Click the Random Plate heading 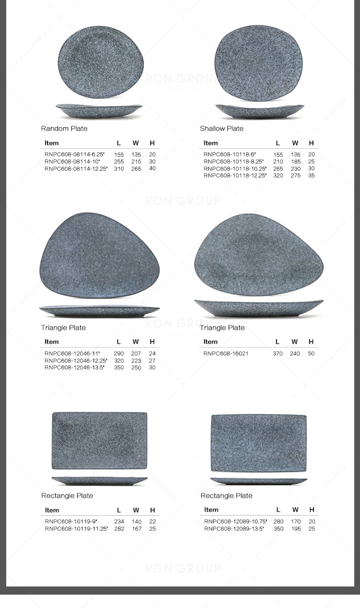coord(64,129)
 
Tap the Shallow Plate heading coord(221,129)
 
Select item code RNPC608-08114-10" coord(72,162)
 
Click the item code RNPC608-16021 coord(226,354)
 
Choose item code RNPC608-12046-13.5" coord(75,368)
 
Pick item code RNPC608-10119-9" coord(71,522)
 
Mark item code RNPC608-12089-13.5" coord(234,529)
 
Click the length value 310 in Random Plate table coord(119,169)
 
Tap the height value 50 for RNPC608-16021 coord(311,354)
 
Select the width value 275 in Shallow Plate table coord(296,176)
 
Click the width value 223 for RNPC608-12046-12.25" coord(136,361)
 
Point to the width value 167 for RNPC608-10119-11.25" coord(137,529)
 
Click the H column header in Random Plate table coord(152,143)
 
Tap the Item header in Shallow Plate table coord(211,143)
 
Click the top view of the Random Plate coord(101,62)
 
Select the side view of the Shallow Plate coord(260,111)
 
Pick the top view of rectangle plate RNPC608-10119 coord(99,440)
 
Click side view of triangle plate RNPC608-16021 coord(259,308)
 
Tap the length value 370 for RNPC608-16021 coord(277,354)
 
